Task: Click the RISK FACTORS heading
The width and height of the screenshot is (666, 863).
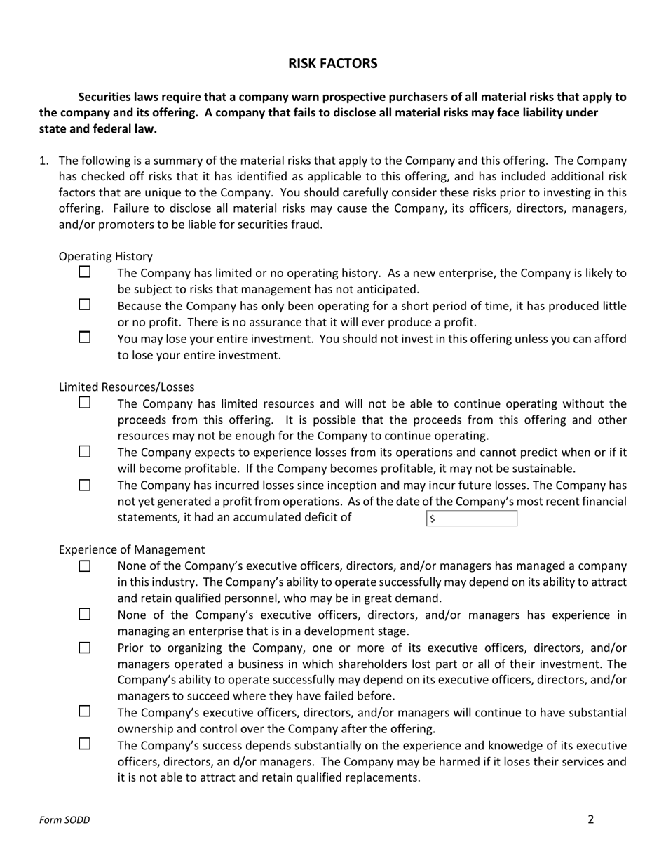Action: (332, 64)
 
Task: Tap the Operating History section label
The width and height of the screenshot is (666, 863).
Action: (105, 257)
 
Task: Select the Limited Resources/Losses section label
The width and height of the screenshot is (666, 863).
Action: (126, 387)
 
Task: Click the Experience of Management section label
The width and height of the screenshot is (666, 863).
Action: (132, 550)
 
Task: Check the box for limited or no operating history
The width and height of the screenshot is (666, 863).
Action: (85, 272)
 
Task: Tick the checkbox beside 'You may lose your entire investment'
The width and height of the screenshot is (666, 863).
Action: (85, 337)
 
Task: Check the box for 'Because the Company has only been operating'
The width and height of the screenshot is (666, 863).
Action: (85, 305)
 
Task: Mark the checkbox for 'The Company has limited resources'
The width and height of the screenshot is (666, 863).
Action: (85, 403)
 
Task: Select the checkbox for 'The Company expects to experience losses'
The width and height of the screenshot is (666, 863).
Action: (85, 452)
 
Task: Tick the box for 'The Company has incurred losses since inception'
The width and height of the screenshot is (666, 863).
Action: (85, 485)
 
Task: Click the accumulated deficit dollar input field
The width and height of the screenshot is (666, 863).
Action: (472, 519)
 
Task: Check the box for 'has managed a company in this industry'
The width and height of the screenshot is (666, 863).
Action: (85, 566)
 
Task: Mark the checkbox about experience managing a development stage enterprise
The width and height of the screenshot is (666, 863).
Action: (85, 615)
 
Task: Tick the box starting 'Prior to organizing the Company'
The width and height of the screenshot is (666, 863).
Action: (85, 648)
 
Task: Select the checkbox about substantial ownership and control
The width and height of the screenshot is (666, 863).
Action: (85, 711)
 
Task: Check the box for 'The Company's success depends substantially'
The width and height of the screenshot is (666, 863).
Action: (85, 744)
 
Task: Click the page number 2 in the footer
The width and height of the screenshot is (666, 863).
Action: (591, 819)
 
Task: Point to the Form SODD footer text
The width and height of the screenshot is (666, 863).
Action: (64, 820)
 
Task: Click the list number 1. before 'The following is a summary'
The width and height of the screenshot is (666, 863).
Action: (43, 161)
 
